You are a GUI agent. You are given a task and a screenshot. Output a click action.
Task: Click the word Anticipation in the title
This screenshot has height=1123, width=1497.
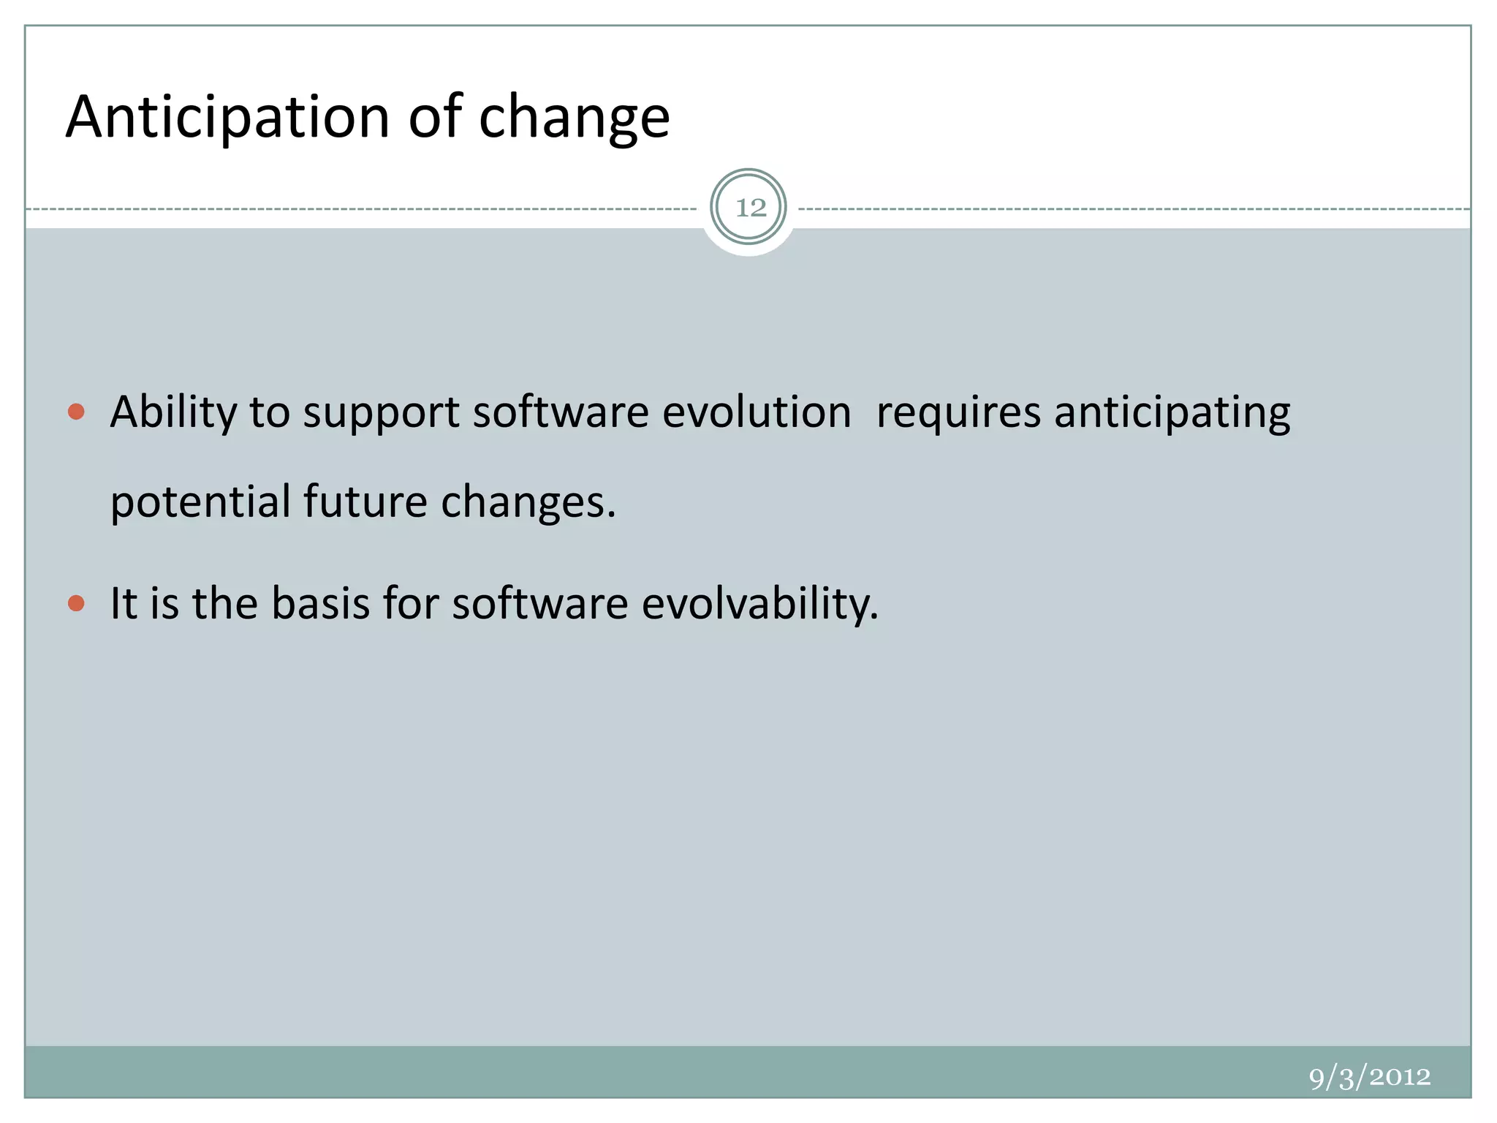227,117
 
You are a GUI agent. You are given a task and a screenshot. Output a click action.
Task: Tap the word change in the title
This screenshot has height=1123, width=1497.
574,117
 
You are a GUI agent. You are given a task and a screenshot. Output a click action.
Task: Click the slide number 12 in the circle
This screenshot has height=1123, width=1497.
750,208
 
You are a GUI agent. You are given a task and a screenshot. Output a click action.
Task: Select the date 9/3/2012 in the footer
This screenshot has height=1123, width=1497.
1369,1077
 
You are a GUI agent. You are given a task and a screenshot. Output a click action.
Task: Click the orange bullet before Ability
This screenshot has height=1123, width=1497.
76,412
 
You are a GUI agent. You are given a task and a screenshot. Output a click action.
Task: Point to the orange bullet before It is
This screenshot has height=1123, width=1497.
76,603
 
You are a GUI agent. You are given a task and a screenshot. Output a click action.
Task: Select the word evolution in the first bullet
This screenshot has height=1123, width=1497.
757,412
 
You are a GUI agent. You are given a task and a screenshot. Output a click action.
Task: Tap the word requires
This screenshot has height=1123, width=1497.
958,412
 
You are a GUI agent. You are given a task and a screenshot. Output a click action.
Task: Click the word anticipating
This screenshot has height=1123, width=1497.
1172,412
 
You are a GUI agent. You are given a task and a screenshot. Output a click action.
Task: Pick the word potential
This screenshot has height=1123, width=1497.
200,503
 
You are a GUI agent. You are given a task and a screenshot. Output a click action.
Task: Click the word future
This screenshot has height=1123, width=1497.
365,503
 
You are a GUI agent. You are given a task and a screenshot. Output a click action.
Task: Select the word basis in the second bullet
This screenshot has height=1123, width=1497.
320,604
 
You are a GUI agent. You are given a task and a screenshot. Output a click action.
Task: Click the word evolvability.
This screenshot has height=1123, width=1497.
759,604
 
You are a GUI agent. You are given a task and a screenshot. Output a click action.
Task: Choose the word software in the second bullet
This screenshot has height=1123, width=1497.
539,604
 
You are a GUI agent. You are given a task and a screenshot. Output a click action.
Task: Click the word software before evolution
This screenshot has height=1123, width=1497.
561,412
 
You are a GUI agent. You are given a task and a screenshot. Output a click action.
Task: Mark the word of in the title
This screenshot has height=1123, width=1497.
435,117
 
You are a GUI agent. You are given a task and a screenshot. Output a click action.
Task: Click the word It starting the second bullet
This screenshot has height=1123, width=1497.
124,604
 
